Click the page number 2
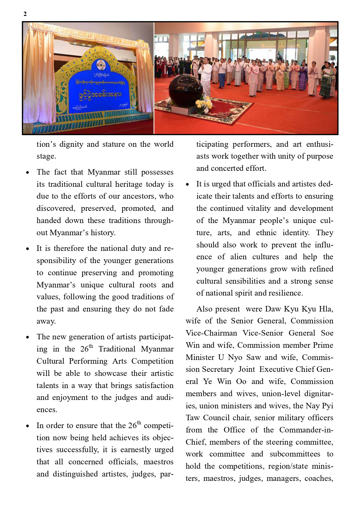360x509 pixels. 25,14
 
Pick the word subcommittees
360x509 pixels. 295,454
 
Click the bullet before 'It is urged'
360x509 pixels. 187,184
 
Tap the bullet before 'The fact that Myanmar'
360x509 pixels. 28,173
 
